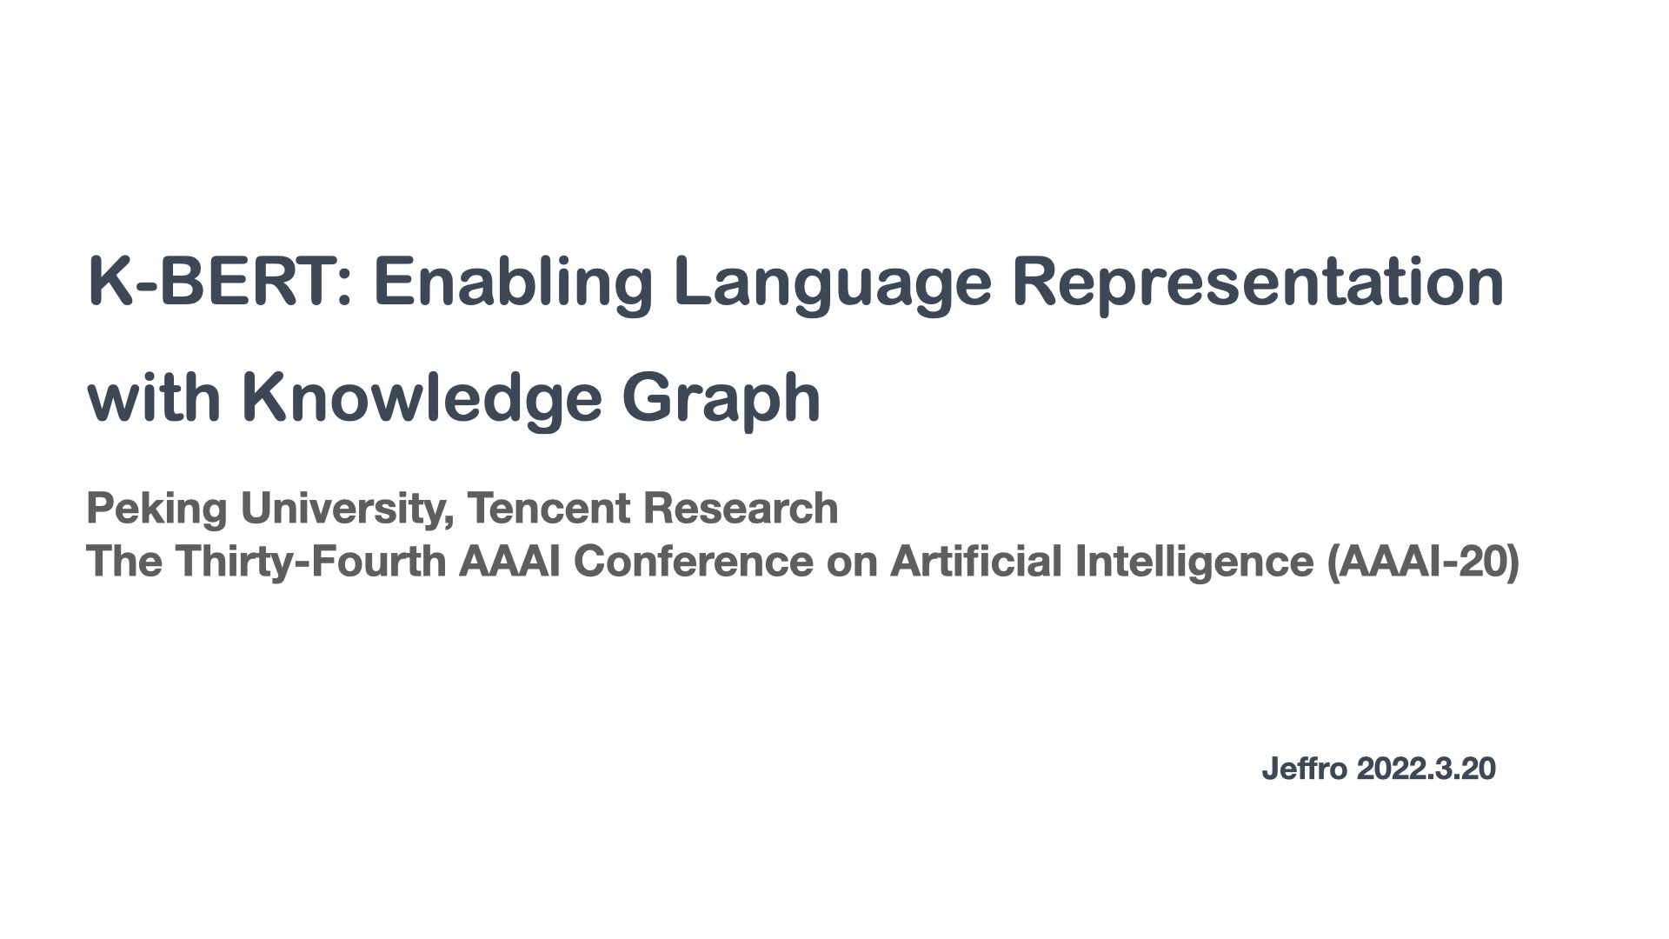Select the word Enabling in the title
pos(513,282)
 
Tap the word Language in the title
pos(832,282)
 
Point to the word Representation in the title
pos(1258,282)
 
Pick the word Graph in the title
pos(721,397)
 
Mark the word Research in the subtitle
pos(741,508)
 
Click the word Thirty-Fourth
pos(311,561)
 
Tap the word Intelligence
pos(1194,561)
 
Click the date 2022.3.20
pos(1426,769)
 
